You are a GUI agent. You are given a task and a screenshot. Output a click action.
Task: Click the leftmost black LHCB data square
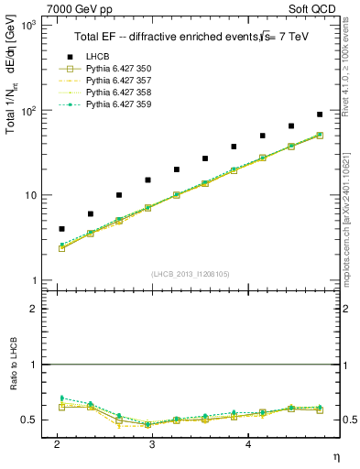pos(61,229)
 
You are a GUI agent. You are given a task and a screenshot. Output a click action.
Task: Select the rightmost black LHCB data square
pos(320,115)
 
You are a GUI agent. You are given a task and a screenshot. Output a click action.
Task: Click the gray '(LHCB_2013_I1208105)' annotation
pos(191,274)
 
